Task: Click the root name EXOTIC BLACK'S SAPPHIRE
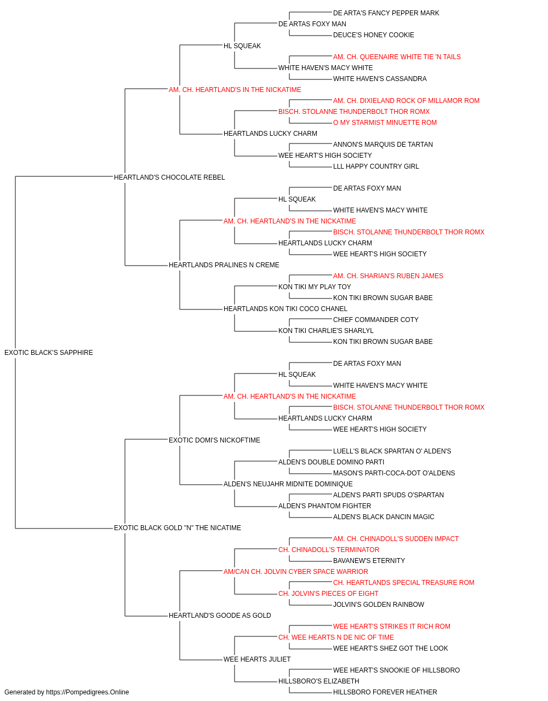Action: (48, 352)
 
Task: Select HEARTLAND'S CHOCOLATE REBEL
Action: (169, 177)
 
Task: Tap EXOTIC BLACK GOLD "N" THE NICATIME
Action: (177, 527)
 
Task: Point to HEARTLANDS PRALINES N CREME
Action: (224, 265)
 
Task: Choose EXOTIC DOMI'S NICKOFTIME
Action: (214, 440)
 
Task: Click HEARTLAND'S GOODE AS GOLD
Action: (220, 615)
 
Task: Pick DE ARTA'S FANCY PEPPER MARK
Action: (386, 13)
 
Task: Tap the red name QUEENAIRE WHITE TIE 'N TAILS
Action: (410, 57)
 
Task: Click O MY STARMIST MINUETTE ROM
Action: (385, 123)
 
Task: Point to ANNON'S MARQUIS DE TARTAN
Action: (383, 144)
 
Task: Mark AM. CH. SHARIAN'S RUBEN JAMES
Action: (388, 276)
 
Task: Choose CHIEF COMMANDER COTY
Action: (376, 319)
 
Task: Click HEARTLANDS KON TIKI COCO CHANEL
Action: (286, 309)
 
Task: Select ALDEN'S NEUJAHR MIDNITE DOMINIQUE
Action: (288, 484)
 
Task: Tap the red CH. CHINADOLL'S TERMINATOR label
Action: (329, 549)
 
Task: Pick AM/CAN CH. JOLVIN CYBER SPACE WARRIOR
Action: (295, 571)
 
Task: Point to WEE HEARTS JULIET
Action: (257, 659)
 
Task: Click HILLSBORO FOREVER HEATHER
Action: (385, 692)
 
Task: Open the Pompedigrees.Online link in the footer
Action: (87, 692)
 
